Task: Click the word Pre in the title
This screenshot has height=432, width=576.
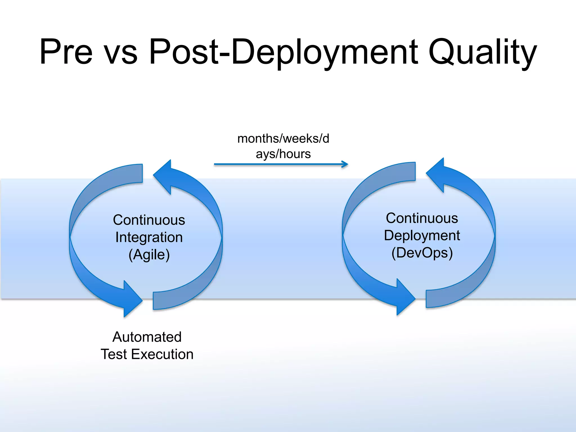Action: (x=66, y=52)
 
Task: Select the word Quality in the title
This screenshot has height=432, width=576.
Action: (x=482, y=53)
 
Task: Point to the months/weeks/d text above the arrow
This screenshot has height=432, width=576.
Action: (x=283, y=139)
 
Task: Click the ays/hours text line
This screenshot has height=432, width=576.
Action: (x=283, y=154)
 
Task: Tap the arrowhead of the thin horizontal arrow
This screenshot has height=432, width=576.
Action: (x=345, y=164)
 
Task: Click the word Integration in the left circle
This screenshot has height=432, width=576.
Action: (x=149, y=237)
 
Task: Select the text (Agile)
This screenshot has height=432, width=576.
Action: (x=149, y=255)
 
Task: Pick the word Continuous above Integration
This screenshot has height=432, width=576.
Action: (x=149, y=220)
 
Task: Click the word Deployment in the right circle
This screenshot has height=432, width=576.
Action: (x=422, y=235)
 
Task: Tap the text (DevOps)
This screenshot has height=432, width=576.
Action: (x=422, y=253)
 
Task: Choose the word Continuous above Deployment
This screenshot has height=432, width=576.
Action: (x=422, y=218)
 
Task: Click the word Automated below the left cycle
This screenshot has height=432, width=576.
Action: (x=147, y=337)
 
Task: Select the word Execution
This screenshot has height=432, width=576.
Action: (x=162, y=354)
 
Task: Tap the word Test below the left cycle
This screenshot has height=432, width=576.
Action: (x=114, y=354)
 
